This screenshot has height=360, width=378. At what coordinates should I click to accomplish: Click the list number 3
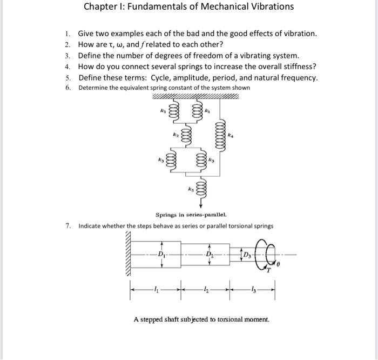67,56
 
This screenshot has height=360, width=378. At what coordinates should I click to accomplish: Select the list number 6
67,88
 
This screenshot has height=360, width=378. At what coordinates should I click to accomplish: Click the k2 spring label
175,133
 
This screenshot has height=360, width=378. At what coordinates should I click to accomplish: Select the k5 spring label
190,190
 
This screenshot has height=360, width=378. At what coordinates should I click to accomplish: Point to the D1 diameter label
161,254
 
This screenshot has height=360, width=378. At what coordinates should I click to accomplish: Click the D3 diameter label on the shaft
247,254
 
